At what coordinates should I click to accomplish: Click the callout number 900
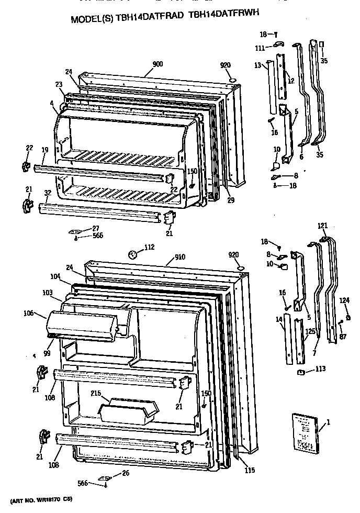click(x=157, y=64)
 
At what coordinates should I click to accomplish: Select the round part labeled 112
click(x=133, y=254)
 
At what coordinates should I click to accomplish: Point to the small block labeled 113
click(x=301, y=372)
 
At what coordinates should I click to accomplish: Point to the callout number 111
click(x=260, y=48)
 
